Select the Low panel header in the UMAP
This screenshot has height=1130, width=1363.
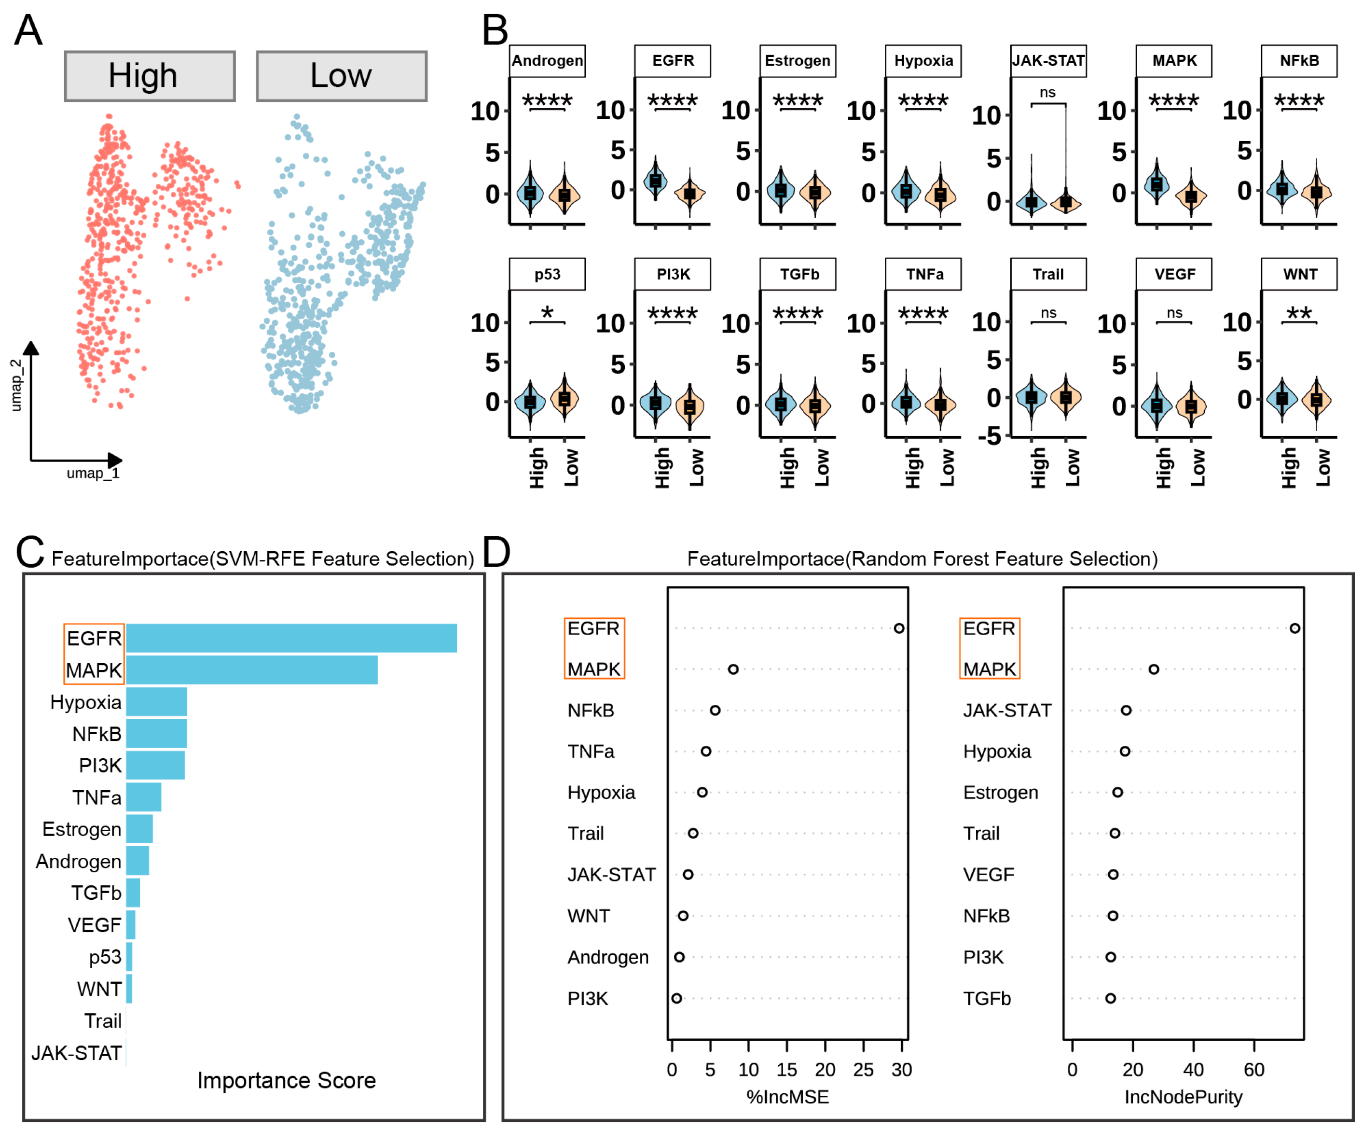tap(342, 76)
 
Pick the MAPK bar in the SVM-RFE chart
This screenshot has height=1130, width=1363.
tap(252, 670)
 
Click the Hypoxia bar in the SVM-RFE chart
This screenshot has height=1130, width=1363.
tap(156, 701)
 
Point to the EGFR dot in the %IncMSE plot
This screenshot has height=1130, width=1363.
tap(899, 628)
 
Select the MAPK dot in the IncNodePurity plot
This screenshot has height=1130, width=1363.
tap(1153, 669)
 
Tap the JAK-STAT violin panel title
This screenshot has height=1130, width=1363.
tap(1048, 61)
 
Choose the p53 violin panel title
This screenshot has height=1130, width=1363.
tap(547, 274)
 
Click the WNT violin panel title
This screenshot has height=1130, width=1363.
tap(1299, 274)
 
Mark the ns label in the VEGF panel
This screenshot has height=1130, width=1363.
tap(1174, 313)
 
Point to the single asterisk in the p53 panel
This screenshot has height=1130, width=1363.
tap(547, 313)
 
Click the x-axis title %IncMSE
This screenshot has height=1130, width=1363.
tap(787, 1097)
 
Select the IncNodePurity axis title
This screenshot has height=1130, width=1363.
tap(1183, 1097)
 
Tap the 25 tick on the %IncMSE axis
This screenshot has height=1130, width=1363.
tap(863, 1070)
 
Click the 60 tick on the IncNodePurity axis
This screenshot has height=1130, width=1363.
tap(1254, 1070)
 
